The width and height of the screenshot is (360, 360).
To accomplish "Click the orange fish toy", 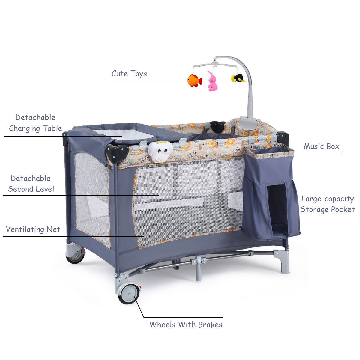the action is click(x=194, y=80).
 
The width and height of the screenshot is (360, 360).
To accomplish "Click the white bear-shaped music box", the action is click(x=160, y=151).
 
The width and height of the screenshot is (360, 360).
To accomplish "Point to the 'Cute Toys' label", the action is click(x=129, y=73).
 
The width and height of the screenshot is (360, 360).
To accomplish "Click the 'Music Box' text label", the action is click(x=321, y=146).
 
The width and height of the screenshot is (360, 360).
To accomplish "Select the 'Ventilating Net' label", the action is click(x=33, y=229).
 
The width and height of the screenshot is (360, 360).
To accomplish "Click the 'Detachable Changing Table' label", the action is click(x=35, y=123).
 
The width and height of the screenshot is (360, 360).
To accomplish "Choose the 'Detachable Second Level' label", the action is click(x=31, y=184).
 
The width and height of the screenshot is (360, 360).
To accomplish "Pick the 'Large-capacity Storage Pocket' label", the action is click(x=328, y=204).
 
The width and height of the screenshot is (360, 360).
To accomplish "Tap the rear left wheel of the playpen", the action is click(x=75, y=256).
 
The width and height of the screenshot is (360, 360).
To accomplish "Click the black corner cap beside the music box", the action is click(x=117, y=153).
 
